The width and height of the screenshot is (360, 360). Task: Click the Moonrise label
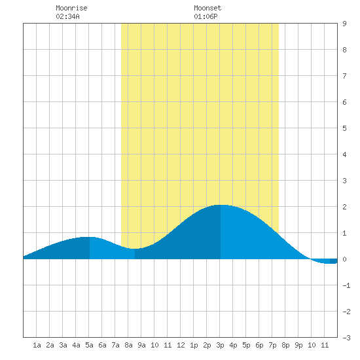71,8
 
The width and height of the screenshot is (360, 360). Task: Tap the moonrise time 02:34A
67,16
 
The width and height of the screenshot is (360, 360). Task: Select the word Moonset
207,8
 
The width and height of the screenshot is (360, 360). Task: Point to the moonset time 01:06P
206,16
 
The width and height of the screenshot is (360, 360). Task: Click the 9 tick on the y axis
344,24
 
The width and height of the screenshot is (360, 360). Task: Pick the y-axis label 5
344,128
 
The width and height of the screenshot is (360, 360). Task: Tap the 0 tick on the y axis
344,259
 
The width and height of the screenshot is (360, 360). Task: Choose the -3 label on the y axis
346,338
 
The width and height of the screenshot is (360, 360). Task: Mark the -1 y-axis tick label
346,285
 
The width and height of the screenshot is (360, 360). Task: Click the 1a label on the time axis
37,345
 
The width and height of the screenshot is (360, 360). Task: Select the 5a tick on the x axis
89,345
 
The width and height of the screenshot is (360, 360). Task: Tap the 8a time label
128,345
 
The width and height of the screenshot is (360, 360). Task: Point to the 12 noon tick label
181,345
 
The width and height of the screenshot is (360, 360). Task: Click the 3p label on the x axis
220,345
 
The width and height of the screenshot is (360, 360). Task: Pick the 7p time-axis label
272,345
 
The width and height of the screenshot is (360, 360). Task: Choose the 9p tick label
298,345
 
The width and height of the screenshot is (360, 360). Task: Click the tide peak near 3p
221,205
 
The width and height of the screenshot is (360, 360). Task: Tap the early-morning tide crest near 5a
89,237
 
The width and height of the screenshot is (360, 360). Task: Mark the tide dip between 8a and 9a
135,249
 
